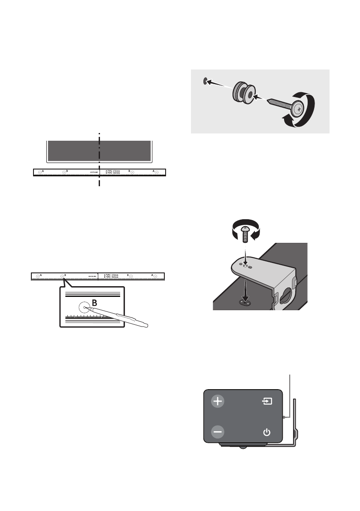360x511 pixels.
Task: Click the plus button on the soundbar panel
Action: pyautogui.click(x=218, y=402)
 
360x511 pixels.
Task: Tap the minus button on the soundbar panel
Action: pyautogui.click(x=218, y=431)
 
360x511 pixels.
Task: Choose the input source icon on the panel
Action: pyautogui.click(x=267, y=402)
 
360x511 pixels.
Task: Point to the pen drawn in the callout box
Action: pyautogui.click(x=120, y=317)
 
